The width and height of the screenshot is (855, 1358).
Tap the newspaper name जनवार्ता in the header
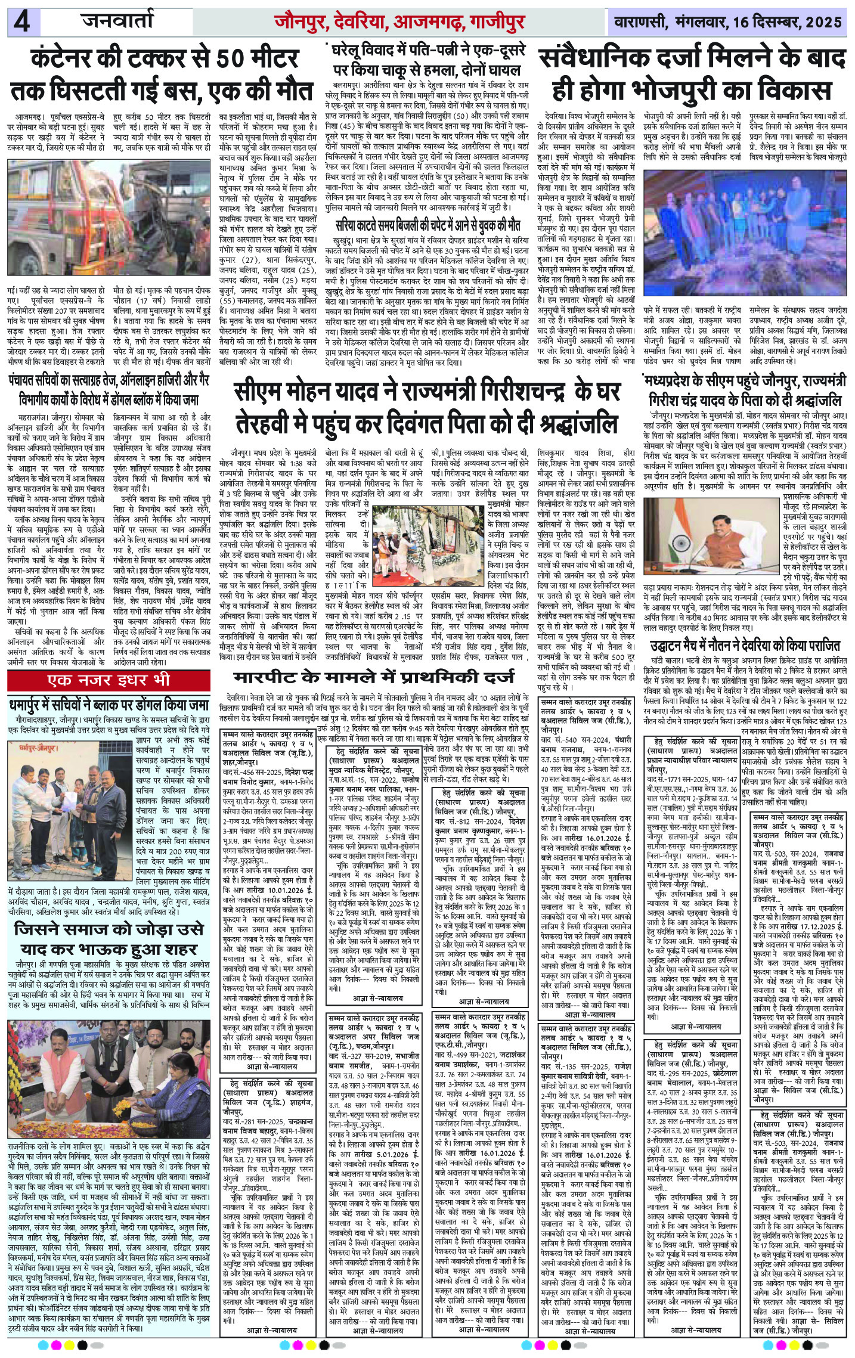pos(117,22)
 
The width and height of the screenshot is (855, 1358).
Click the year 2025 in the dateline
pos(822,23)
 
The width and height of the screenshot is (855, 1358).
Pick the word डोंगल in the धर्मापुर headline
pos(147,705)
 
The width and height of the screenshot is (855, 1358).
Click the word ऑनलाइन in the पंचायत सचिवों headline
pos(155,382)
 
